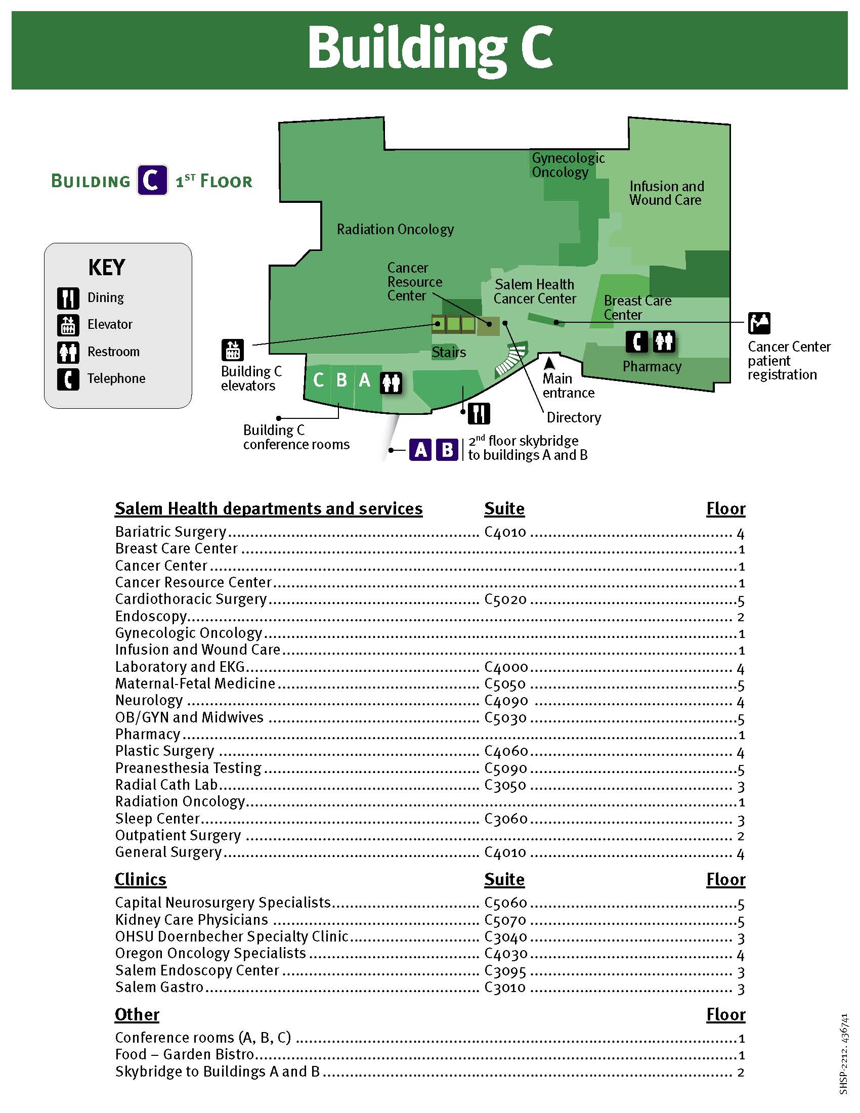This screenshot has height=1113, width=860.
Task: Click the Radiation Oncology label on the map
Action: [395, 229]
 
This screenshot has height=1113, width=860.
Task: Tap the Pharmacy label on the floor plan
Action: [652, 366]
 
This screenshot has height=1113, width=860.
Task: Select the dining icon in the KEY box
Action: [68, 298]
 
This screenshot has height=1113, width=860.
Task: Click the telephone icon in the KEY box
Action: [68, 378]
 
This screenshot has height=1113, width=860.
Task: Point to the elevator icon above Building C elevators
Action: [233, 350]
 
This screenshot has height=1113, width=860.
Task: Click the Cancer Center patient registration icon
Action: [759, 323]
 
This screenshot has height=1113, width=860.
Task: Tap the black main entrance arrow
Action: [549, 363]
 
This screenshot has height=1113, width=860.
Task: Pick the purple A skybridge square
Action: [421, 449]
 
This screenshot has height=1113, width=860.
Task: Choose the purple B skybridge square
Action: [447, 449]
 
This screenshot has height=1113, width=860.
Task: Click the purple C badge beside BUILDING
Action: [152, 181]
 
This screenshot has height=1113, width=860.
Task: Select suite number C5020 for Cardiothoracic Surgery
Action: [505, 600]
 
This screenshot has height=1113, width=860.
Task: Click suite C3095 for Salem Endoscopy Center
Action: [505, 971]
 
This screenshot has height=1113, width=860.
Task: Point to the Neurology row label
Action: [149, 701]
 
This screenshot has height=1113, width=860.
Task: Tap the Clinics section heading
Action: [140, 880]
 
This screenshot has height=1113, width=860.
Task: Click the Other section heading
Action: [137, 1015]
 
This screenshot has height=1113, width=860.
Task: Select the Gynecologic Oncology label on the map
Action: [568, 165]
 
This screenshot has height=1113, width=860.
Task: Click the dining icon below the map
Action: [479, 413]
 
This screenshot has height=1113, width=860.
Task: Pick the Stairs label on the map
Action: [448, 352]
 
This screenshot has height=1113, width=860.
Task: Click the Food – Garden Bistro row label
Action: [185, 1054]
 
